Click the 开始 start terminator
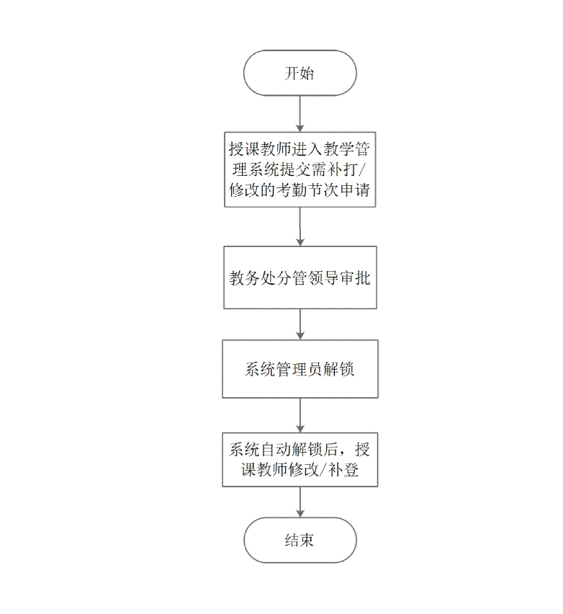(x=299, y=73)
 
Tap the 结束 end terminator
(x=300, y=540)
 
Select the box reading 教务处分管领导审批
(x=300, y=277)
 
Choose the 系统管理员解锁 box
(x=300, y=369)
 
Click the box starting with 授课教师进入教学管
(x=300, y=169)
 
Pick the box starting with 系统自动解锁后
(x=300, y=460)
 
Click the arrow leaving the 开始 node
(x=300, y=114)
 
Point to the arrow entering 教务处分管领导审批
(x=300, y=227)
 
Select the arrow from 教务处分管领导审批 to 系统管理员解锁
(x=300, y=324)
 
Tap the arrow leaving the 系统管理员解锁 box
(x=300, y=416)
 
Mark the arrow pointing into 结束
(x=300, y=502)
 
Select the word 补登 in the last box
(x=343, y=470)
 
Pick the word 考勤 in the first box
(x=292, y=190)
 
